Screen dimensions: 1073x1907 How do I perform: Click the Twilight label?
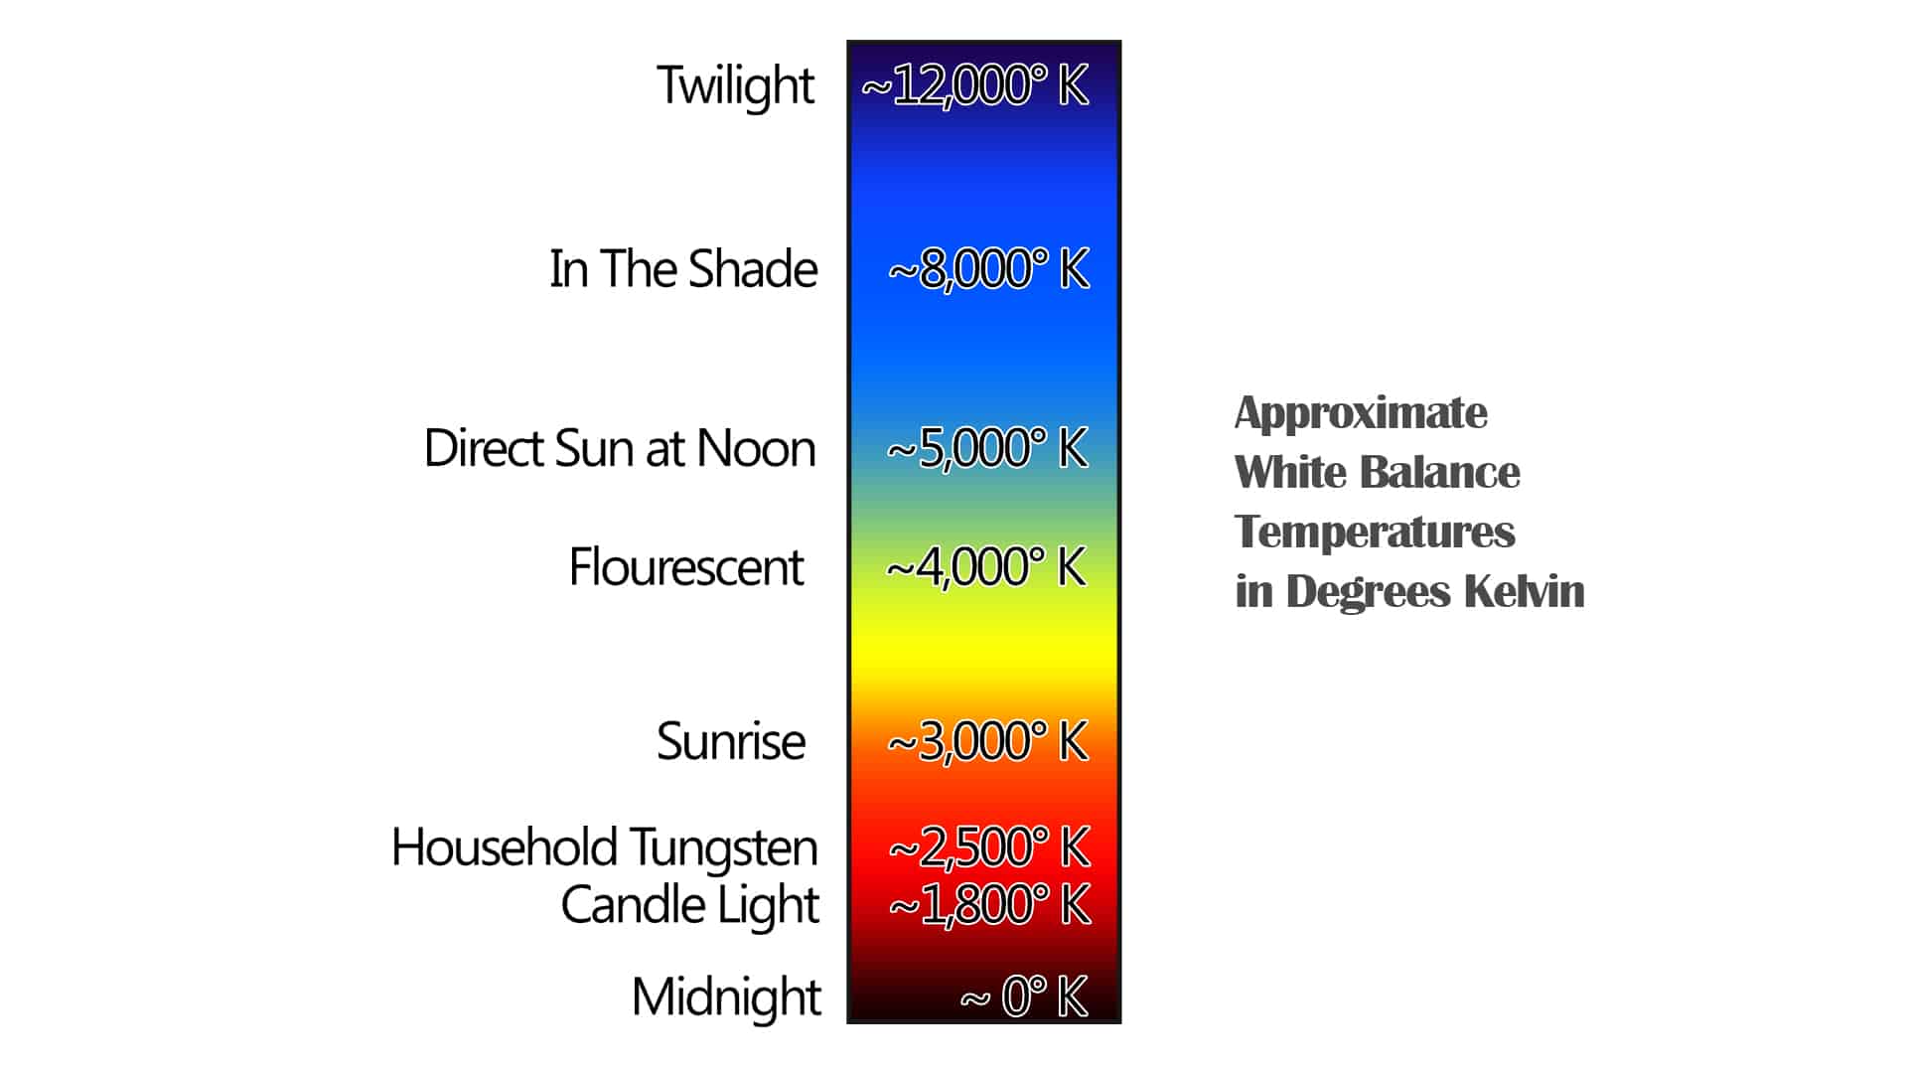[735, 85]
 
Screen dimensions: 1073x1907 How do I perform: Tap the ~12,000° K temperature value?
[974, 85]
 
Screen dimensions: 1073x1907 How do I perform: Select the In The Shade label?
[683, 269]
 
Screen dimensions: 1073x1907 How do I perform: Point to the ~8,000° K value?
[988, 269]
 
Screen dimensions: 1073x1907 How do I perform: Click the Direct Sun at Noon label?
[620, 448]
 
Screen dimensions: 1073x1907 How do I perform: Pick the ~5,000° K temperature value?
[987, 448]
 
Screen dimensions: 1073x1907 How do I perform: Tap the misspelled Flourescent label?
[685, 567]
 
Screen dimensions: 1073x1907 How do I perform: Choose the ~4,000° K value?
[986, 567]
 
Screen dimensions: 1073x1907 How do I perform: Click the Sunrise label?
[731, 741]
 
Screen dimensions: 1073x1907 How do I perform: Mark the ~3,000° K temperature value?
[988, 741]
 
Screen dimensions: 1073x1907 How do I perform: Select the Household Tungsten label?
[604, 847]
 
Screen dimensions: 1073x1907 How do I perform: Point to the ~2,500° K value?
[989, 847]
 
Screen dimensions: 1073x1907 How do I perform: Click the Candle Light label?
[689, 905]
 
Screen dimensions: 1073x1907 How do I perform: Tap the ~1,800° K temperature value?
[989, 905]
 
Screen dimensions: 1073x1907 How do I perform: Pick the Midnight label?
[726, 996]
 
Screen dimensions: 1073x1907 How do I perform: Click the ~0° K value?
[1024, 996]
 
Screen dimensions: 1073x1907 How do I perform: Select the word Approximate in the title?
[1361, 413]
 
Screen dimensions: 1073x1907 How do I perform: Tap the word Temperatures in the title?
[1375, 532]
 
